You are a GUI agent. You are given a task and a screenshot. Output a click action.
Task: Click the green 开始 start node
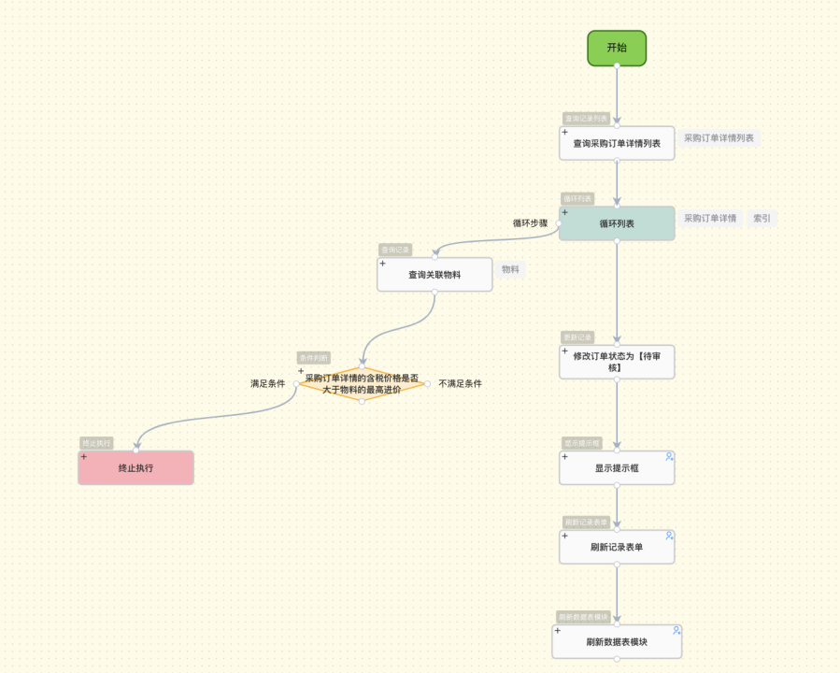(x=617, y=48)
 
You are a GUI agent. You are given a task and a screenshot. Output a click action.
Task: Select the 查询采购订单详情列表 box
(x=617, y=143)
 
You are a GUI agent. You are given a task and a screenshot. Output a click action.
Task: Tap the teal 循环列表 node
(x=617, y=223)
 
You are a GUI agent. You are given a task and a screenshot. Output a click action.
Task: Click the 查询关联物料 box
(x=434, y=275)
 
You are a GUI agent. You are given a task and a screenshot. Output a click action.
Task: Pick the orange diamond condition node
(x=362, y=383)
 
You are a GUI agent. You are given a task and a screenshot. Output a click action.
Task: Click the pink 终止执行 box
(x=135, y=467)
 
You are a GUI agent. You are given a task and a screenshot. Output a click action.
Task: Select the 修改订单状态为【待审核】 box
(x=617, y=362)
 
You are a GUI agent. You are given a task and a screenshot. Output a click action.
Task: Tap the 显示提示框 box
(x=617, y=467)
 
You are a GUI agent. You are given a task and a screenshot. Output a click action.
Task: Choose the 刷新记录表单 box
(x=617, y=547)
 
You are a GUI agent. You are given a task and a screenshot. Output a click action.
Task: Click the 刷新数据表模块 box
(x=617, y=642)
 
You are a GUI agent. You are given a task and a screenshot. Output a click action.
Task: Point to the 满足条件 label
(x=267, y=384)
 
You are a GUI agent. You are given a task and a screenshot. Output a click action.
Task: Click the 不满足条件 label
(x=460, y=383)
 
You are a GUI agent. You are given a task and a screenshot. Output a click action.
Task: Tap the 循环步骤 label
(x=530, y=223)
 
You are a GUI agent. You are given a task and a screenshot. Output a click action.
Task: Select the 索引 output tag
(x=762, y=219)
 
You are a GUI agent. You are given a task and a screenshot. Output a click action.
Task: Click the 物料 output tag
(x=510, y=269)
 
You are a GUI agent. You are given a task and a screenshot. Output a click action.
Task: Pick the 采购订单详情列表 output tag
(x=719, y=138)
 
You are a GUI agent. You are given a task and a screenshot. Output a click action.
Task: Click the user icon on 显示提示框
(x=669, y=456)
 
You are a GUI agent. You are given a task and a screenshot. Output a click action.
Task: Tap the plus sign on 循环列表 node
(x=564, y=212)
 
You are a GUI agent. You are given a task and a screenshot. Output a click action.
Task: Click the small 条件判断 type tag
(x=313, y=358)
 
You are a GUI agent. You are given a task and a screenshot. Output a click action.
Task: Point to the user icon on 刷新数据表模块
(x=676, y=630)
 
